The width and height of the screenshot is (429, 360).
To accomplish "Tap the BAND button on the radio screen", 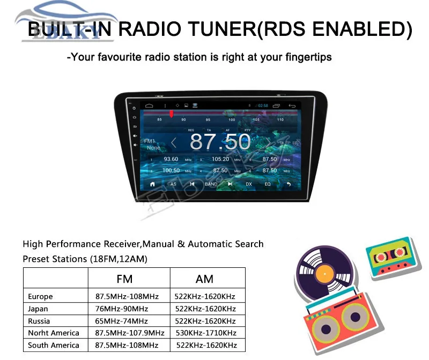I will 211,184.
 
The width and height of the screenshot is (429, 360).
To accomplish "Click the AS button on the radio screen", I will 173,184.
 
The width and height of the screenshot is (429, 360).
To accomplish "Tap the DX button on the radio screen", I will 249,184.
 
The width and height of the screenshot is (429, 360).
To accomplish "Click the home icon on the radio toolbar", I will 152,184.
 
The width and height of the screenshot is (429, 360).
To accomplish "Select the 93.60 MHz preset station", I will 171,159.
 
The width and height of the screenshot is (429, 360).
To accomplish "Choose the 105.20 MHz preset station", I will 220,159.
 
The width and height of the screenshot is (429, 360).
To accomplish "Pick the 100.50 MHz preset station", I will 171,171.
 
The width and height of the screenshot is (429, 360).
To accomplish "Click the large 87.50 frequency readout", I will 220,142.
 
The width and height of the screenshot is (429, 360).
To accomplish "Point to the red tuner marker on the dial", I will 172,114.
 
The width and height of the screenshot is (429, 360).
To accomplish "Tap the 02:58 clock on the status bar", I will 263,106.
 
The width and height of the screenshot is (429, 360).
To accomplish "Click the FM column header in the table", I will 124,279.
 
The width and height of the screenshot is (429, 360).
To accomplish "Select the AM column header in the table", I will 204,279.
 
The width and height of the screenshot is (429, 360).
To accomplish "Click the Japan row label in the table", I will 38,309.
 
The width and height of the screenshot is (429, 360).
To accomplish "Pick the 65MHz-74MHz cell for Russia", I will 121,321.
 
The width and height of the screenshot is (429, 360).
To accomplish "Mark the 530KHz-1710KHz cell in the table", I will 205,333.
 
